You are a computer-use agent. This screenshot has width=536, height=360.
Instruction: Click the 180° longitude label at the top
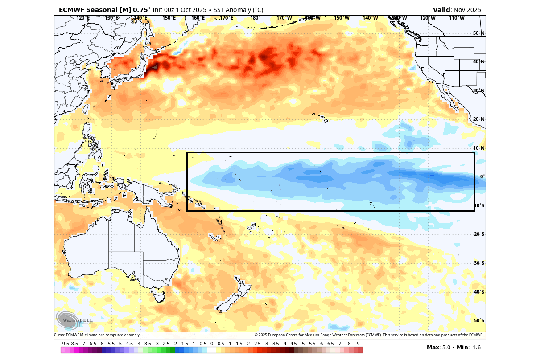(x=255, y=18)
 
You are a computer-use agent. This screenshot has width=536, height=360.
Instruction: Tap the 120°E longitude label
(x=83, y=18)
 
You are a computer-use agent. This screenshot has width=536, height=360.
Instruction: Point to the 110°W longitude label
(x=456, y=18)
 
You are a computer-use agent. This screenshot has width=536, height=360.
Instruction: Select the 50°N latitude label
(x=478, y=33)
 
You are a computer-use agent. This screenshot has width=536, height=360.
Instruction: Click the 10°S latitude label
(x=478, y=205)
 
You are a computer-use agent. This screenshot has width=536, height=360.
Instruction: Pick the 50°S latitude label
(x=478, y=320)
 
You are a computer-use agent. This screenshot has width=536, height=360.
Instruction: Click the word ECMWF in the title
(x=72, y=9)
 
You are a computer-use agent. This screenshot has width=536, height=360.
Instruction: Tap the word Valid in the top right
(x=442, y=9)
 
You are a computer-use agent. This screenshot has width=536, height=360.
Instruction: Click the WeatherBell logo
(x=74, y=320)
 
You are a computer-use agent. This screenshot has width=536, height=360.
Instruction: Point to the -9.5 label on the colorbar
(x=65, y=344)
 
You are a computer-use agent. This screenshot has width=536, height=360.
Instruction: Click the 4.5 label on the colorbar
(x=294, y=344)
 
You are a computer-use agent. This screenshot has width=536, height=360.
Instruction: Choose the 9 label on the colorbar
(x=358, y=344)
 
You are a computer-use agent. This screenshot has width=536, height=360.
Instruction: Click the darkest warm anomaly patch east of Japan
(x=153, y=67)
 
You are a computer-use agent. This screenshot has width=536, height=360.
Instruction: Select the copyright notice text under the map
(x=368, y=335)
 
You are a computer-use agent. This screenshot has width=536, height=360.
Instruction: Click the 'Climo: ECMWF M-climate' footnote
(x=97, y=335)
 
